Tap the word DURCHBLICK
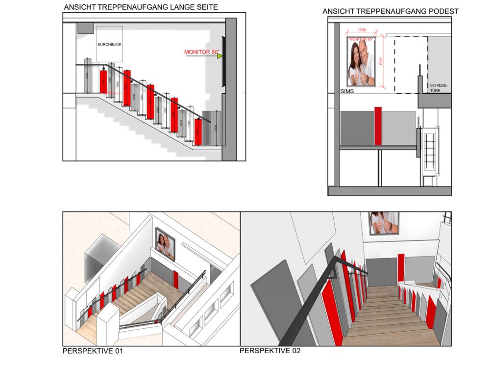tap(109, 45)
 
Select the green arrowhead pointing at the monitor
tap(220, 56)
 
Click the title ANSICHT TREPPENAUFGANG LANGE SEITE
tap(141, 7)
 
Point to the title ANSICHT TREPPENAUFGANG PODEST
tap(391, 11)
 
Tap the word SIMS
tap(347, 92)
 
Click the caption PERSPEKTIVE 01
tap(93, 351)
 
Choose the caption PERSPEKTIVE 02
tap(269, 351)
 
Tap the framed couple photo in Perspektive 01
tap(165, 244)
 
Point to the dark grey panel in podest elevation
tap(357, 128)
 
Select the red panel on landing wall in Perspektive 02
tap(401, 268)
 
